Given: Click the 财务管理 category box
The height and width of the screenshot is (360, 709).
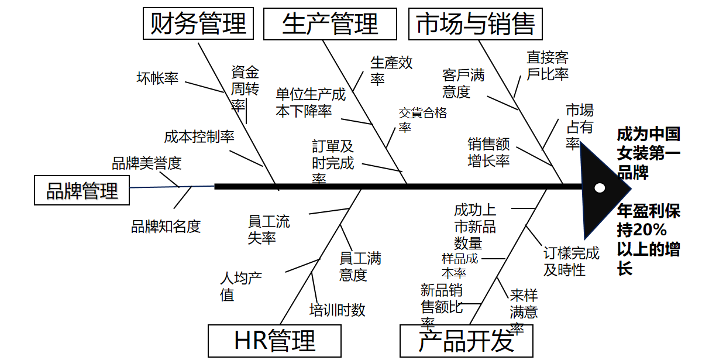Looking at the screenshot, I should (198, 24).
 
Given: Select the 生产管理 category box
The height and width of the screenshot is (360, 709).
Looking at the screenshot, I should (330, 25).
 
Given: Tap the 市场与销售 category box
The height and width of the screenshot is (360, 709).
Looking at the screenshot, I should (475, 25).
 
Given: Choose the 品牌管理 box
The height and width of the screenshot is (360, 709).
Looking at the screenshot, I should (82, 190).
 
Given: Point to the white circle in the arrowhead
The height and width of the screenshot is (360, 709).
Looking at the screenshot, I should (599, 188).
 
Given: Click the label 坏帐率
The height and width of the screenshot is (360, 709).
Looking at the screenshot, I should (157, 78).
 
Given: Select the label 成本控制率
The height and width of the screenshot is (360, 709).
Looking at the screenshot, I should (199, 136).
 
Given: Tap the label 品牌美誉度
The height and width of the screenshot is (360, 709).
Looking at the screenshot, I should (147, 163).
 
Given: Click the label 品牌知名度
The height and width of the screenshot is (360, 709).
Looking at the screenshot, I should (166, 226).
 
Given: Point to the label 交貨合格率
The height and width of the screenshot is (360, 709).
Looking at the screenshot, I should (422, 119).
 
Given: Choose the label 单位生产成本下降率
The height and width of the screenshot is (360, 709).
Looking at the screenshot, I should (311, 102).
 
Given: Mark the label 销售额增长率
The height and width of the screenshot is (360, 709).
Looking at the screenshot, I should (488, 152).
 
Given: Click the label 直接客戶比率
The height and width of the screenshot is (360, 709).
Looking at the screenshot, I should (547, 66).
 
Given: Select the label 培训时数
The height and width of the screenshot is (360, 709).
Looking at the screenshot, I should (338, 310).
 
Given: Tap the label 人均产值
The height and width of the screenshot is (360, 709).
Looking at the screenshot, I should (240, 286).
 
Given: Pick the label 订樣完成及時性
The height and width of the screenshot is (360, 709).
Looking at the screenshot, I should (572, 261).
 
